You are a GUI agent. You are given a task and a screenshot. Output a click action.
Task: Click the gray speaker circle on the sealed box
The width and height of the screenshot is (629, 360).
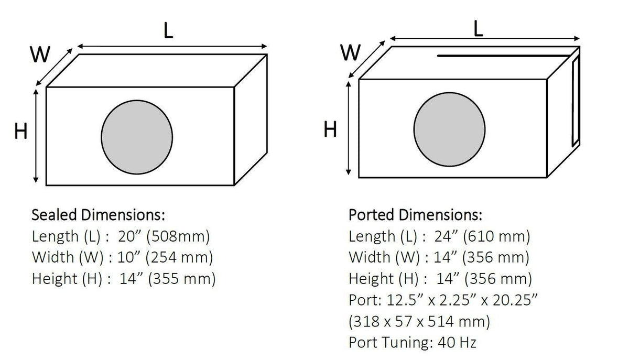[137, 137]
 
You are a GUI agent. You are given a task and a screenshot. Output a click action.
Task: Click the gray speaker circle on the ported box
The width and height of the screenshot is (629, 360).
[449, 129]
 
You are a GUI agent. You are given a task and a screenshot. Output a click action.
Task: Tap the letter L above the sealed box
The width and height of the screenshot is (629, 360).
[168, 30]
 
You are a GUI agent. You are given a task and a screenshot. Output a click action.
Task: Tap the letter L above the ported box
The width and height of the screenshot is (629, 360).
[478, 29]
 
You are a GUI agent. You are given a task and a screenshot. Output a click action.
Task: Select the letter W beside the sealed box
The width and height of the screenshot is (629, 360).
[40, 54]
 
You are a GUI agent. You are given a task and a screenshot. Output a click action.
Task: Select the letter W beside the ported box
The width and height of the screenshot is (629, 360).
[350, 52]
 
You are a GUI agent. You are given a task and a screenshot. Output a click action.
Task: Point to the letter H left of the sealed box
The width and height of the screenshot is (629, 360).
[21, 131]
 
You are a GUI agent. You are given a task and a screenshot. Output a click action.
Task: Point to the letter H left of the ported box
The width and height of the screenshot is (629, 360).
[330, 129]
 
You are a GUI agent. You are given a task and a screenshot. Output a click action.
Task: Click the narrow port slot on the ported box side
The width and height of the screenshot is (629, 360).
[576, 102]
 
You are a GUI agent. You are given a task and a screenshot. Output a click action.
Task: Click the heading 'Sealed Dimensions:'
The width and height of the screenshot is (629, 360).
[99, 215]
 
